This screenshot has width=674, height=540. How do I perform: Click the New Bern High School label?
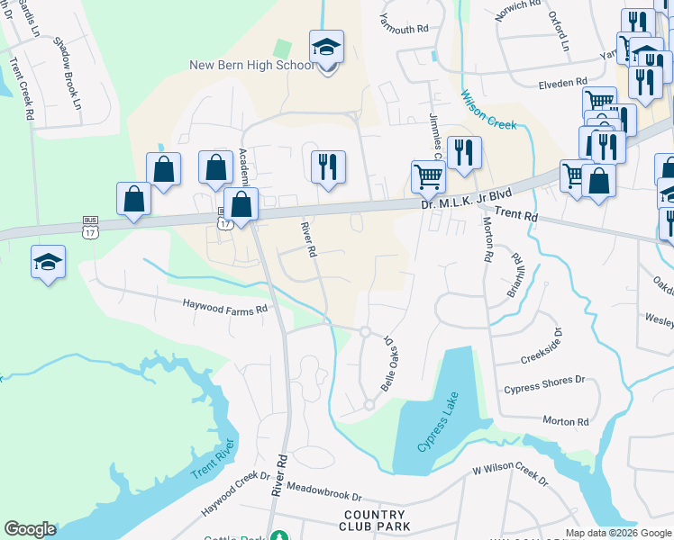[251, 65]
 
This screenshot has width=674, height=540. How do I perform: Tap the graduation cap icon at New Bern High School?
[326, 48]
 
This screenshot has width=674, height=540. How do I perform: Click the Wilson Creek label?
[488, 110]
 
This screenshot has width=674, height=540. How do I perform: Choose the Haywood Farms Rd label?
[226, 307]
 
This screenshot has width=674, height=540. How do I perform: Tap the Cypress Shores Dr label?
[543, 382]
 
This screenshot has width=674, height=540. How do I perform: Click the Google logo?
[30, 529]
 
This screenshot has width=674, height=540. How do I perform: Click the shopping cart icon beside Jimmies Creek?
[428, 175]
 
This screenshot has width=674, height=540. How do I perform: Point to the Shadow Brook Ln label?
[67, 73]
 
